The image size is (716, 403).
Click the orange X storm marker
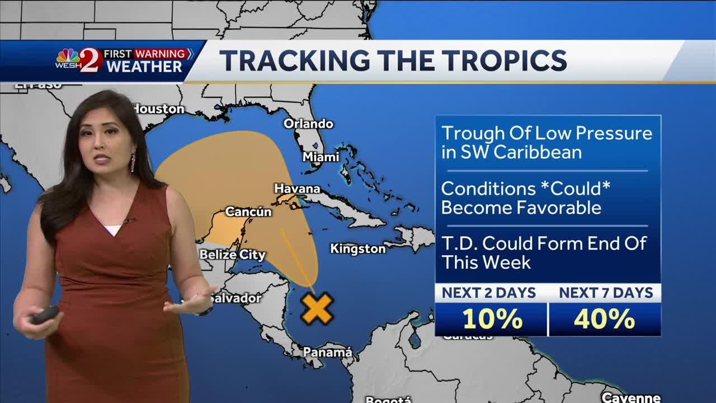pyautogui.click(x=317, y=308)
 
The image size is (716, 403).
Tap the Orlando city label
pyautogui.click(x=308, y=124)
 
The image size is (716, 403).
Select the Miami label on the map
pyautogui.click(x=321, y=157)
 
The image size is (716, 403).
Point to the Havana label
pyautogui.click(x=297, y=189)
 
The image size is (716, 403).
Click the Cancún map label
pyautogui.click(x=248, y=212)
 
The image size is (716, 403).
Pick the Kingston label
pyautogui.click(x=358, y=249)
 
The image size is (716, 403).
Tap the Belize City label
pyautogui.click(x=233, y=255)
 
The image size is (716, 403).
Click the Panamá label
pyautogui.click(x=328, y=352)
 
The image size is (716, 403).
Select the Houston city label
pyautogui.click(x=161, y=109)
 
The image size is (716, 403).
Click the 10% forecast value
pyautogui.click(x=492, y=319)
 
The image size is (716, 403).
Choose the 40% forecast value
pyautogui.click(x=605, y=319)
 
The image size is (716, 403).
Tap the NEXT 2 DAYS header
pyautogui.click(x=489, y=293)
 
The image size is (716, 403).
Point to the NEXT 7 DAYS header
pyautogui.click(x=606, y=293)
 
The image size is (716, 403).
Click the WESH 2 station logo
pyautogui.click(x=79, y=60)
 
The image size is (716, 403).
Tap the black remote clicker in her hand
pyautogui.click(x=45, y=314)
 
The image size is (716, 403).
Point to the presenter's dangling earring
pyautogui.click(x=133, y=162)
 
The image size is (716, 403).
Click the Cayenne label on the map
pyautogui.click(x=630, y=397)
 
